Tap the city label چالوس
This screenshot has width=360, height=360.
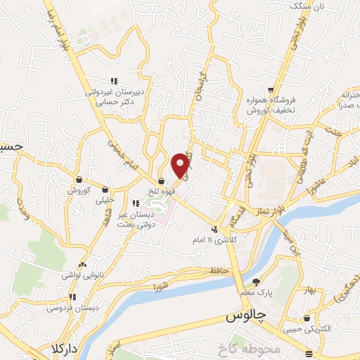click(248, 318)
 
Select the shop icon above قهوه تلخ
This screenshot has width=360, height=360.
click(161, 180)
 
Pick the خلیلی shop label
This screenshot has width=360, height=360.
click(104, 199)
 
